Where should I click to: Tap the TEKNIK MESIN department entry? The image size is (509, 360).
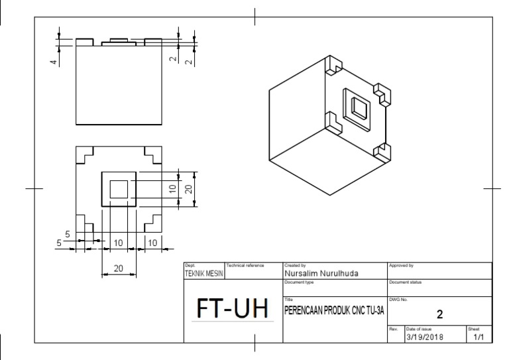coord(204,272)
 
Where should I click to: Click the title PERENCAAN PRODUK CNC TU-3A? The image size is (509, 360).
coord(334,310)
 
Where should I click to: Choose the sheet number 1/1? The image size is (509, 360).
coord(479,337)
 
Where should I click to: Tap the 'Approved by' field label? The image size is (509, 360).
coord(400,265)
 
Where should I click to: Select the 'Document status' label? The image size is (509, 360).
coord(404,282)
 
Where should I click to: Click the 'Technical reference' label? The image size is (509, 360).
coord(245,265)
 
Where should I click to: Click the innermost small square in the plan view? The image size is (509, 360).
coord(119,189)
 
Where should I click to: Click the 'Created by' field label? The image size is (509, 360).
coord(295,265)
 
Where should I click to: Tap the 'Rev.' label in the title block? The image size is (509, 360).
coord(392,328)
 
